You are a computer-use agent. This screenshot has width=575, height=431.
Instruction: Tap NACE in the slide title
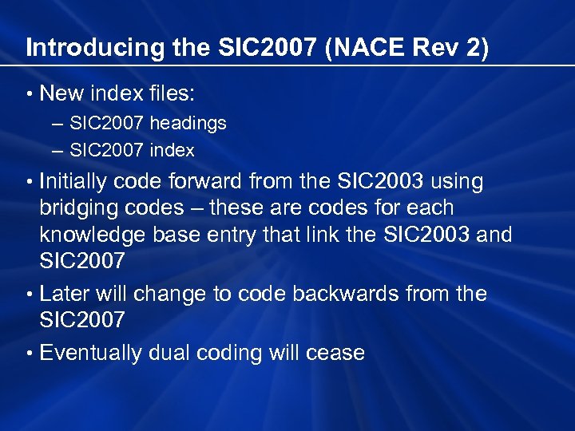point(359,48)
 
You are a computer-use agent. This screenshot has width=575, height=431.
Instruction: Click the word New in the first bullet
point(61,93)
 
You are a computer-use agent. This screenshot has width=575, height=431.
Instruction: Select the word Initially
point(73,182)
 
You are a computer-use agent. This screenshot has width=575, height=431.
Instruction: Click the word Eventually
point(91,353)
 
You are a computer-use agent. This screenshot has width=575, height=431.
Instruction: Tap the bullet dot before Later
point(30,295)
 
